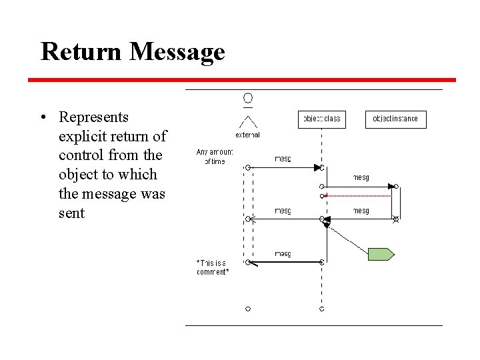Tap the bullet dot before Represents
42,118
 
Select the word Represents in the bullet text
93,117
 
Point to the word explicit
85,137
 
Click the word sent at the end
72,213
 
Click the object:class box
322,119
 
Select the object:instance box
395,119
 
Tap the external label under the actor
247,135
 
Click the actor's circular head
248,99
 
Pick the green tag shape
381,254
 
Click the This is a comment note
213,267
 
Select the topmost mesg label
283,159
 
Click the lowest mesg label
283,254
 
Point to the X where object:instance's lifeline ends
395,219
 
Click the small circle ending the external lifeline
248,309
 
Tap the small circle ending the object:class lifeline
322,309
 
